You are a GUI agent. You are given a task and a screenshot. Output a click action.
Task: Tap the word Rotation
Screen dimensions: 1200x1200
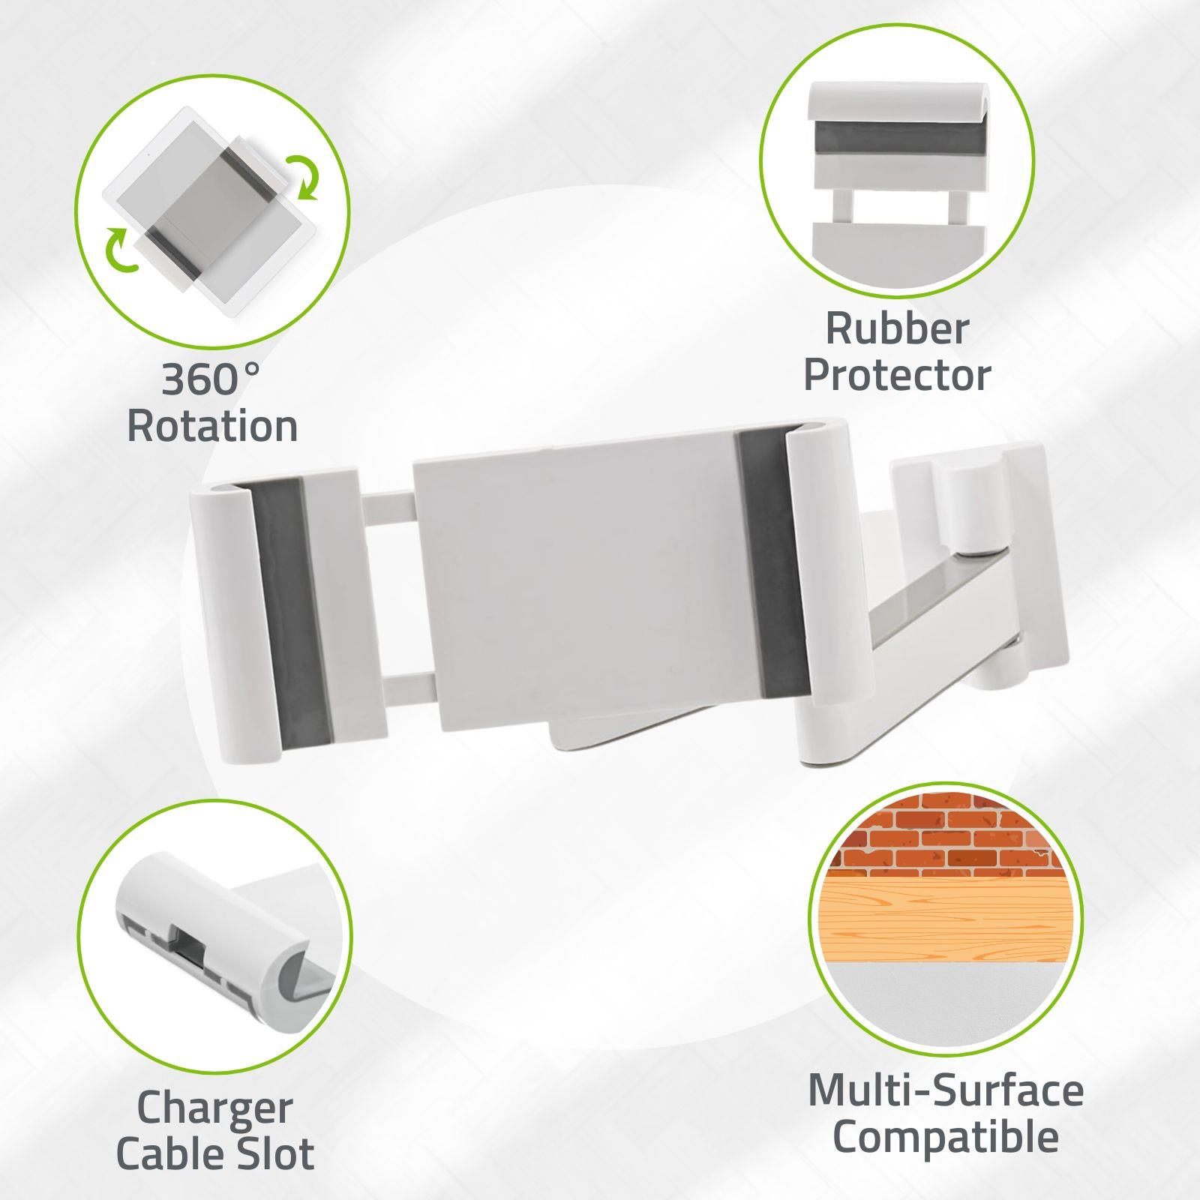[x=213, y=426]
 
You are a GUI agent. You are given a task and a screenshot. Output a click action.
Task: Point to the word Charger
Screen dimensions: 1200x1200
[x=214, y=1108]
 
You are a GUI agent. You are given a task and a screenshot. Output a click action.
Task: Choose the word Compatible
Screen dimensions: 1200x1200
[x=945, y=1138]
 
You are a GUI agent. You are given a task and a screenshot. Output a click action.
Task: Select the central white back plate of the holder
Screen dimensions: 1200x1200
[x=577, y=595]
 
